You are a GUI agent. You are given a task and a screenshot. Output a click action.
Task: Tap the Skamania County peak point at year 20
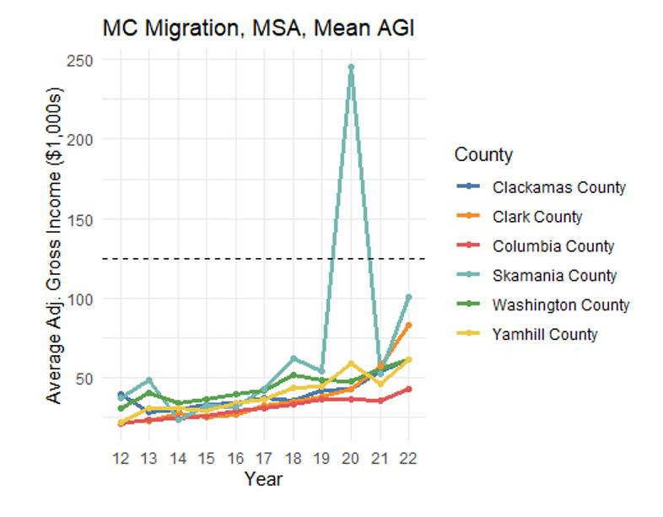[351, 67]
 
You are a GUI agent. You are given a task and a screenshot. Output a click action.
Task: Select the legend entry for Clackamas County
[558, 187]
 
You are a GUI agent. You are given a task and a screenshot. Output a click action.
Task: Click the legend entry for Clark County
[537, 217]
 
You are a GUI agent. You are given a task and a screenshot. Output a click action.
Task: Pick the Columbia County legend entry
[553, 246]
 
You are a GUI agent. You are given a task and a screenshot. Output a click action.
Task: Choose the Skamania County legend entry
[554, 276]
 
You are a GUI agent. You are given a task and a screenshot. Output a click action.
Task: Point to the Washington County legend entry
[561, 305]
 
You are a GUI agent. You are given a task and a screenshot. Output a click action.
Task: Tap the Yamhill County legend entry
[545, 334]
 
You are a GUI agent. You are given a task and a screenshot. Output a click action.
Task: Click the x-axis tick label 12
[121, 459]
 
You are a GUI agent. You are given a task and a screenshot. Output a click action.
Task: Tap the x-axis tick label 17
[265, 459]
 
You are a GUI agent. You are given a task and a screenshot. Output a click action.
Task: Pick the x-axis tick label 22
[409, 459]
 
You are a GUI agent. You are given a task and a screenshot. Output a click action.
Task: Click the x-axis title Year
[263, 480]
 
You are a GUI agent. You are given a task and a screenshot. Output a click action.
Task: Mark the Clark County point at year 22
[409, 325]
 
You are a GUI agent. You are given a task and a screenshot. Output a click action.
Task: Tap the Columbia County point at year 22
[409, 389]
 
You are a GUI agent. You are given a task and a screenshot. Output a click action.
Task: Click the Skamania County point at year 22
[409, 297]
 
